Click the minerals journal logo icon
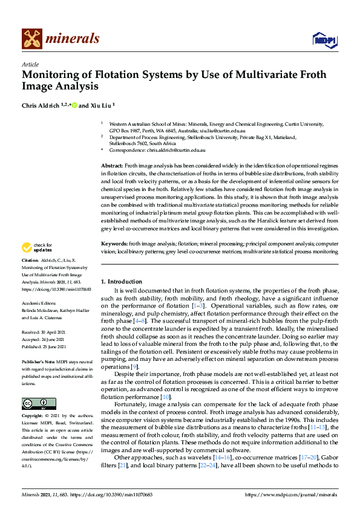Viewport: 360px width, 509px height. click(x=31, y=39)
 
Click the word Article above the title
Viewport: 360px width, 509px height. click(x=30, y=64)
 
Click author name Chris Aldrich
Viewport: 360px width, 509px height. click(x=40, y=105)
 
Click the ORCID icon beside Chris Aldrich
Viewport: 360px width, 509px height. click(x=74, y=105)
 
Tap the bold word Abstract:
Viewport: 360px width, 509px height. click(x=112, y=165)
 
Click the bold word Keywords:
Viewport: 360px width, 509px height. click(x=114, y=243)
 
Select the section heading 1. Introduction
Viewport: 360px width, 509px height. click(x=121, y=282)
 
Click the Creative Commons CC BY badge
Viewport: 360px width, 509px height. click(x=35, y=404)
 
